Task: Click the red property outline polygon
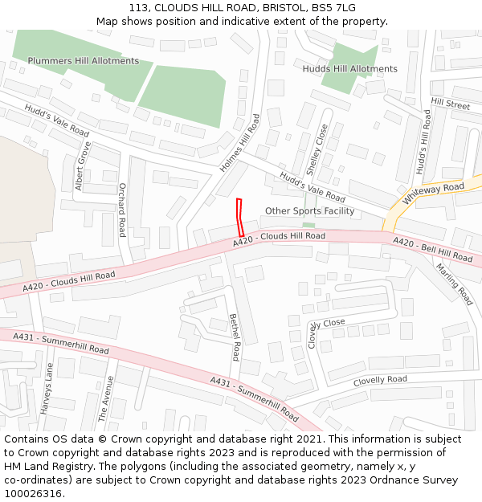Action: pos(239,217)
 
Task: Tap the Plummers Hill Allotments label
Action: pos(84,61)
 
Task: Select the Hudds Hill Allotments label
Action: pos(349,69)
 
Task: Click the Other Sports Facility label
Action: pos(309,211)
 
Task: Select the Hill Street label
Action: pos(450,104)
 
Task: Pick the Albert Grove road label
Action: pos(83,166)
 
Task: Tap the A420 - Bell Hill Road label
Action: pos(433,249)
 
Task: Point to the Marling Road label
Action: pos(454,284)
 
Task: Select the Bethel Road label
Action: pos(235,337)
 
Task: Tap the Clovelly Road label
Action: pos(380,380)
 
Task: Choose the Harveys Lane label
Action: pos(47,388)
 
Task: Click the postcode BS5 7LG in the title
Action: pos(337,8)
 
